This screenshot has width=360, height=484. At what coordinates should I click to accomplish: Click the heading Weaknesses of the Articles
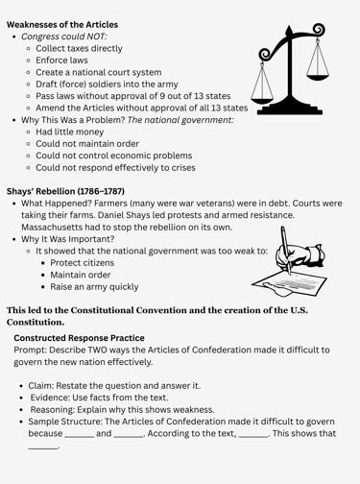[x=62, y=23]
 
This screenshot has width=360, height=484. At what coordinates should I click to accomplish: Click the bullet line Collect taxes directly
[x=92, y=47]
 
